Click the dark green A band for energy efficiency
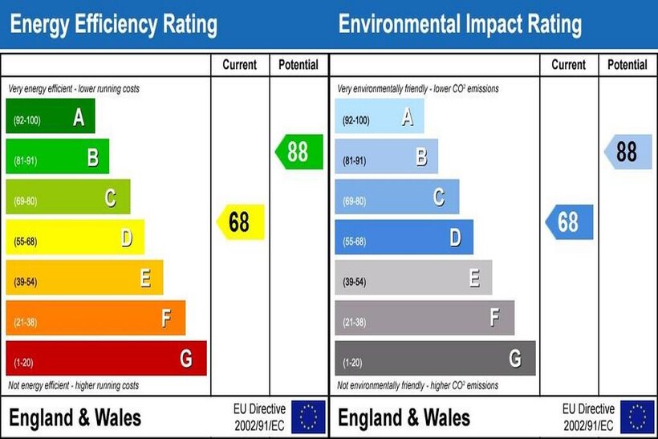(50, 116)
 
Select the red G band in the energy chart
(106, 359)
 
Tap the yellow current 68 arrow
(240, 222)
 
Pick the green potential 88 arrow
(299, 152)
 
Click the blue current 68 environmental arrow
(569, 222)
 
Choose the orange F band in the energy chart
(95, 319)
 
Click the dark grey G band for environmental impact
(435, 359)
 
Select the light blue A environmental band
(379, 116)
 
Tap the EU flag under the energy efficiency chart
(308, 417)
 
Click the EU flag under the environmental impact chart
(637, 417)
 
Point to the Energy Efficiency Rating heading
(112, 25)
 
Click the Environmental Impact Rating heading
(460, 25)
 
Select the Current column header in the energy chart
(240, 65)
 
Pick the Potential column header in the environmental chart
(628, 65)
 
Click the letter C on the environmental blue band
(439, 197)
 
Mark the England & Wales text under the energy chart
(75, 418)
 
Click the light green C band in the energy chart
(67, 197)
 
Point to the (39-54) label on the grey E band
(355, 282)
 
